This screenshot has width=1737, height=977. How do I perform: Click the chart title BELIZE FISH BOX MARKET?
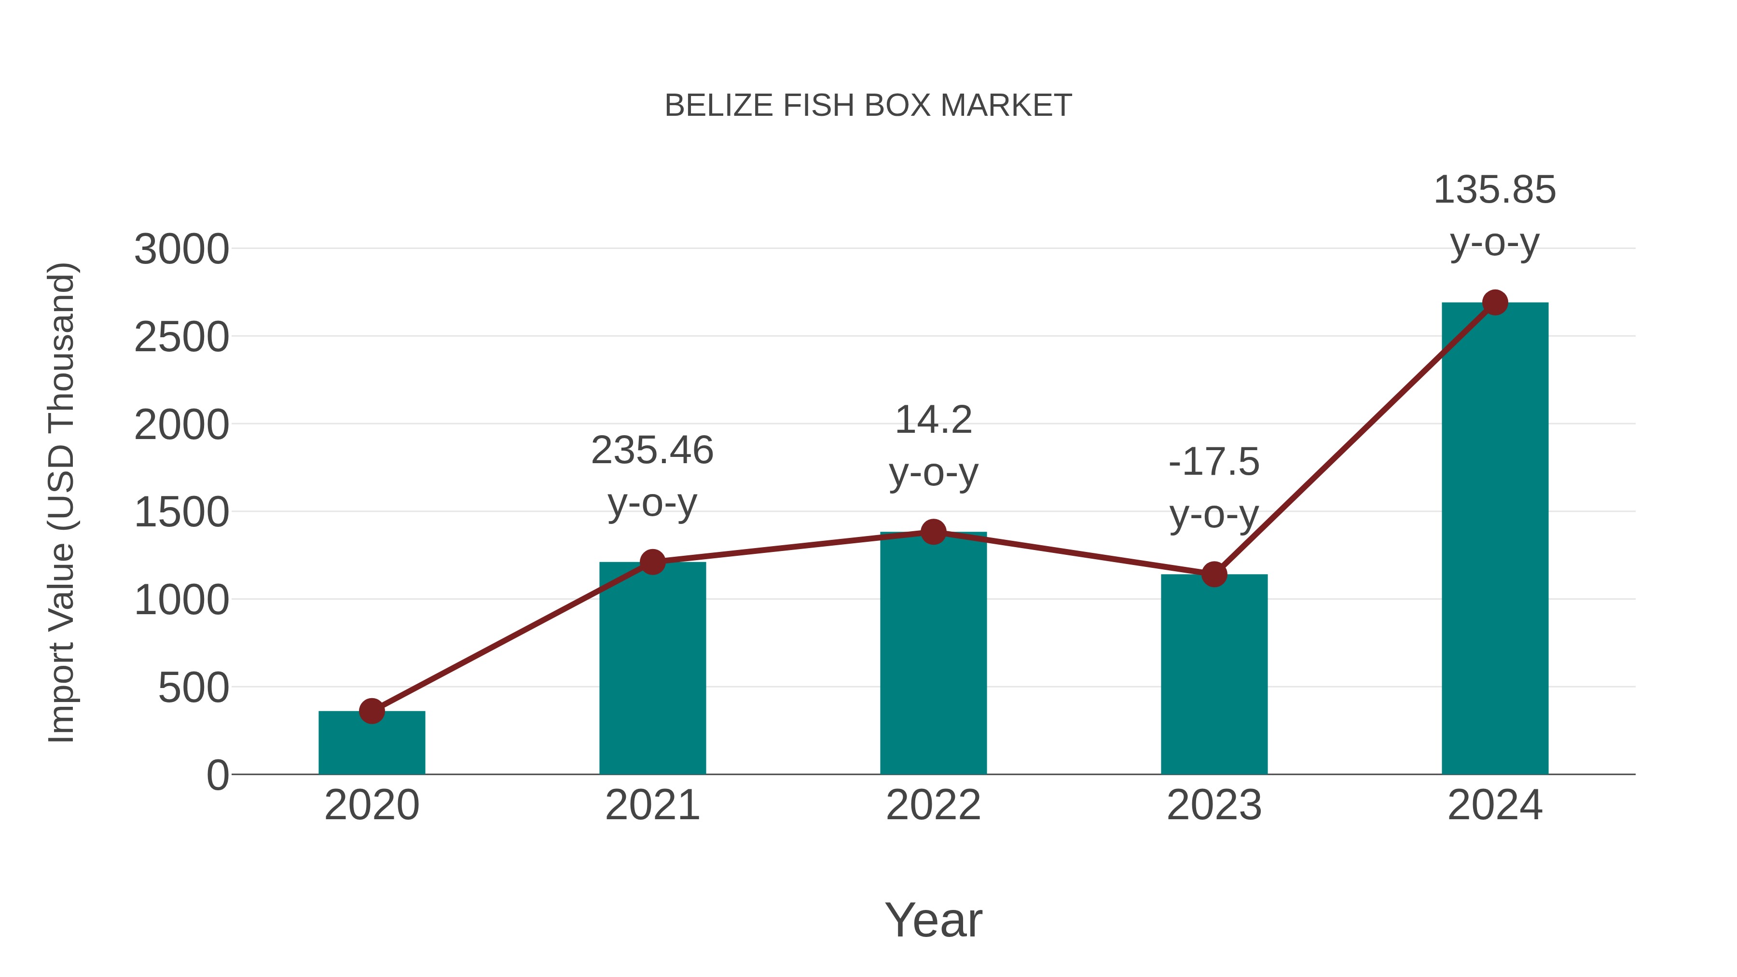point(868,106)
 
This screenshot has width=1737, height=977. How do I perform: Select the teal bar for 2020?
point(372,745)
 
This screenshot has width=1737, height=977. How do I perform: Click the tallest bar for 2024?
point(1495,539)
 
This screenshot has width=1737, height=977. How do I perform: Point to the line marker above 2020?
point(372,711)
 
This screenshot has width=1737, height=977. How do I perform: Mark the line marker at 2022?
point(933,532)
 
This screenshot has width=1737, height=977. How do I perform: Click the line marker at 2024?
point(1495,303)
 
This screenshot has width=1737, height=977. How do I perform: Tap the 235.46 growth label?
point(652,451)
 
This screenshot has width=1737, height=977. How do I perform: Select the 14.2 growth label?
point(933,421)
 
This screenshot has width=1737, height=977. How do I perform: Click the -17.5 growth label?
point(1214,463)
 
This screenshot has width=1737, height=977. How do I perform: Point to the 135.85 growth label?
point(1495,190)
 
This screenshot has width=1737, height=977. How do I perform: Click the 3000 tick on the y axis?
point(181,249)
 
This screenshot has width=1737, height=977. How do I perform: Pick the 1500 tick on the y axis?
point(181,512)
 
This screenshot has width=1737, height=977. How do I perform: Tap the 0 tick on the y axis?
point(218,775)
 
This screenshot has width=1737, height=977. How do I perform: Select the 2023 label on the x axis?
point(1214,805)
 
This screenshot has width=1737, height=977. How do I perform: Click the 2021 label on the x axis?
point(652,805)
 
